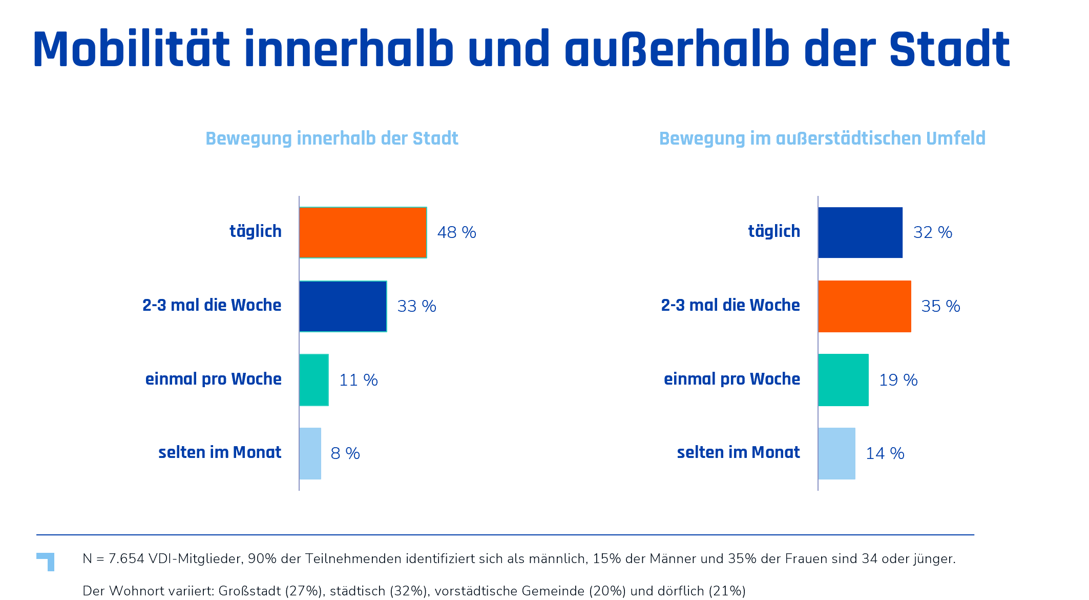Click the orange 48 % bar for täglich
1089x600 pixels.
coord(363,232)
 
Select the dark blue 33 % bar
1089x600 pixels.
coord(343,306)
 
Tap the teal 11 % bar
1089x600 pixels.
coord(314,380)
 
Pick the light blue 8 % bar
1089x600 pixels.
coord(310,453)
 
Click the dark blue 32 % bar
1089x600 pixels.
coord(860,232)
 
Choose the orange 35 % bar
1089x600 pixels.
coord(865,306)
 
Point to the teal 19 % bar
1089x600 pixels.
coord(843,380)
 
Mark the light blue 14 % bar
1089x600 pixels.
coord(836,453)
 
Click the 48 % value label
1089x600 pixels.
coord(456,232)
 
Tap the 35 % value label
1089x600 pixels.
coord(940,306)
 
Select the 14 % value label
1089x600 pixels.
coord(885,453)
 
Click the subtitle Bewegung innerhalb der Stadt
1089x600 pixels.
coord(332,138)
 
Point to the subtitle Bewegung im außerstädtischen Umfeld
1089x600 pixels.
coord(822,138)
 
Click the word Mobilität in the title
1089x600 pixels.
coord(132,49)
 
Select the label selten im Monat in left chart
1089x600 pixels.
coord(220,452)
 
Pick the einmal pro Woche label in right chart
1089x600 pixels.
coord(732,379)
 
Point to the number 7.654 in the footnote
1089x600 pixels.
coord(127,558)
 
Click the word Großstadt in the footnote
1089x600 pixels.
coord(249,591)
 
